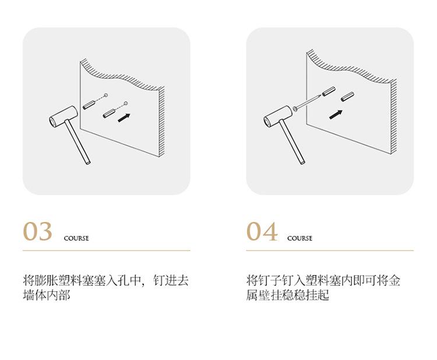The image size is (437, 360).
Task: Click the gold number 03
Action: (37, 231)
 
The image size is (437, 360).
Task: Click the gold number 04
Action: (262, 231)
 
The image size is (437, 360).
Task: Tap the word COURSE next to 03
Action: (76, 238)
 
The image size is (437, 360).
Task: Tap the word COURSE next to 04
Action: (300, 238)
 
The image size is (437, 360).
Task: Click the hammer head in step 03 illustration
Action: (64, 117)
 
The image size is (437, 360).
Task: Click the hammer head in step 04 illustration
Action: (278, 117)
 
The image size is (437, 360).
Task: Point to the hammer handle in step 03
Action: (77, 142)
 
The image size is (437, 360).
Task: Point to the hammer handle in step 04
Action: (292, 142)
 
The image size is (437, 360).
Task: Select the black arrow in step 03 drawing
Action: (124, 118)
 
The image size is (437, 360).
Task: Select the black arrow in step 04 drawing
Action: (336, 115)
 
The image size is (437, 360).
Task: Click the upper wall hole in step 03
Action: (105, 96)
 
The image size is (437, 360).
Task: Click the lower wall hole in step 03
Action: (126, 104)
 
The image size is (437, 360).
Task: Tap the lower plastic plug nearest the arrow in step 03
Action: (109, 113)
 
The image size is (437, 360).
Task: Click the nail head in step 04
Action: (295, 108)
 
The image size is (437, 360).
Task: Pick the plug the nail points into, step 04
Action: (329, 91)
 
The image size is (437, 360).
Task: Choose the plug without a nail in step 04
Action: (347, 97)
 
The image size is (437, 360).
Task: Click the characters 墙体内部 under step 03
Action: (46, 295)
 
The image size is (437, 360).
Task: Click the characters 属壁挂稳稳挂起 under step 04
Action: (288, 295)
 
